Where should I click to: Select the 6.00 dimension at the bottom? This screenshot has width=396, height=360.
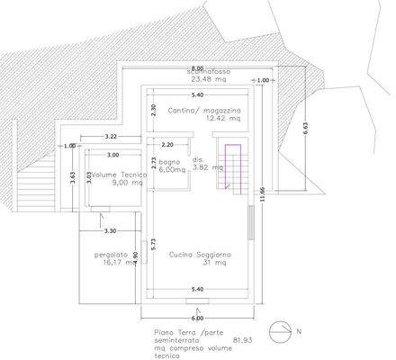197,318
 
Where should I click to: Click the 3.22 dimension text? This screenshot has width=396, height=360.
112,136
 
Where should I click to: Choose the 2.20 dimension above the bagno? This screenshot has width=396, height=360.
167,144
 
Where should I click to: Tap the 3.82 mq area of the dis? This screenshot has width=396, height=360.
207,167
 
